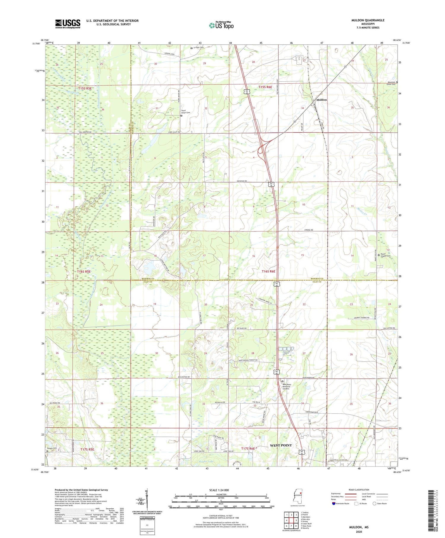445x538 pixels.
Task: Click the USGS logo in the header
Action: click(x=68, y=24)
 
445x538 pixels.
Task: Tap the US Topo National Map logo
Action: click(x=221, y=25)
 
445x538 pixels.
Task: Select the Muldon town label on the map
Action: click(x=321, y=100)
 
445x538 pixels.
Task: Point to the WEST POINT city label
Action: click(x=281, y=445)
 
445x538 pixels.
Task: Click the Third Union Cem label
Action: click(x=185, y=112)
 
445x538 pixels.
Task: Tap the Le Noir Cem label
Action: click(x=198, y=47)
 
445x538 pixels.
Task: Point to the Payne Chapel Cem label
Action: click(x=385, y=255)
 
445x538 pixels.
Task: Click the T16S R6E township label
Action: click(x=268, y=272)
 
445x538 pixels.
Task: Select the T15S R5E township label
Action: click(x=85, y=88)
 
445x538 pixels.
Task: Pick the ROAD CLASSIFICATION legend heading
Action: click(x=359, y=490)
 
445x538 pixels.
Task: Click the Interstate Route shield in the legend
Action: click(x=333, y=504)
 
